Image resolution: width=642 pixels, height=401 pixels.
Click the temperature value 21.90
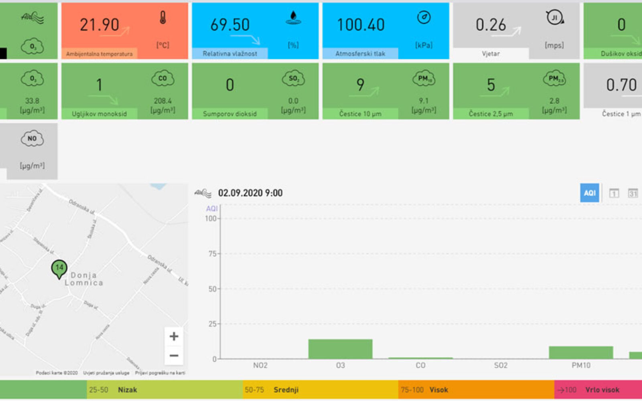pyautogui.click(x=99, y=25)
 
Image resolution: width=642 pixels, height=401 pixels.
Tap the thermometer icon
pyautogui.click(x=163, y=18)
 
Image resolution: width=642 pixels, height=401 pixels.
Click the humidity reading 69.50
pyautogui.click(x=230, y=25)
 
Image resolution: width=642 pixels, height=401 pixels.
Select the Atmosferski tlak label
pyautogui.click(x=360, y=53)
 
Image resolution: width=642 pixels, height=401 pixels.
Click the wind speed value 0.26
pyautogui.click(x=490, y=25)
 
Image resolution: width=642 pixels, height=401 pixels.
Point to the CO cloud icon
pyautogui.click(x=163, y=79)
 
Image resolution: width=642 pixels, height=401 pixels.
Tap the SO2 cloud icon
pyautogui.click(x=293, y=79)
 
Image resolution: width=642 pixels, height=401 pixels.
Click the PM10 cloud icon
pyautogui.click(x=424, y=79)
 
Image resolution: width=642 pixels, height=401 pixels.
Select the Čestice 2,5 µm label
pyautogui.click(x=491, y=114)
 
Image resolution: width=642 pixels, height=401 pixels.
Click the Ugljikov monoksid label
pyautogui.click(x=99, y=114)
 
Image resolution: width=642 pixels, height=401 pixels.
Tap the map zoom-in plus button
pyautogui.click(x=174, y=336)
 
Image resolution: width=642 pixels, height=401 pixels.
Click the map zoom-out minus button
pyautogui.click(x=174, y=355)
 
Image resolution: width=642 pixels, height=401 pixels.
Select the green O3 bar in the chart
pyautogui.click(x=340, y=349)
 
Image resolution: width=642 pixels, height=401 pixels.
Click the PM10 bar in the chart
pyautogui.click(x=581, y=352)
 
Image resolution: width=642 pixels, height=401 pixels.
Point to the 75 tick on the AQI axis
pyautogui.click(x=212, y=253)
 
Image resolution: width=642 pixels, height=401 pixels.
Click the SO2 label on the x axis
pyautogui.click(x=500, y=365)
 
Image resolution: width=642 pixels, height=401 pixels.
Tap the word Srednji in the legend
pyautogui.click(x=286, y=390)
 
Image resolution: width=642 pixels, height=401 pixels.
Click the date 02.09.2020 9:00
pyautogui.click(x=250, y=193)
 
